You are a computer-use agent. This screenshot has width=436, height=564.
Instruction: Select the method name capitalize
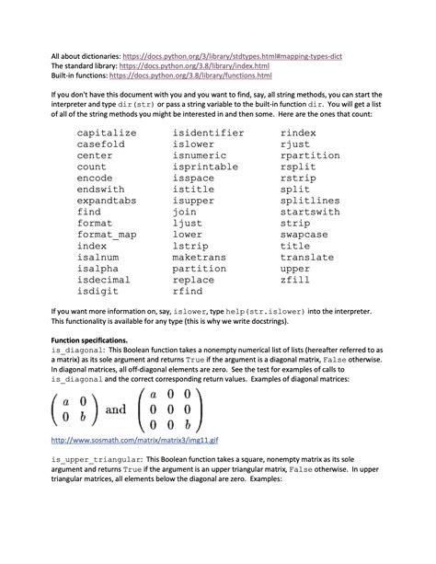click(106, 133)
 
